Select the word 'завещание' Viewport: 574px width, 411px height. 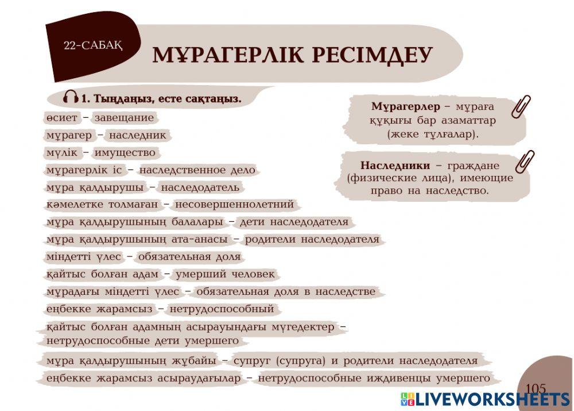coord(124,118)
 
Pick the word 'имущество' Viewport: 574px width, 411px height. coord(125,153)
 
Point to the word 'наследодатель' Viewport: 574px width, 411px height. coord(200,187)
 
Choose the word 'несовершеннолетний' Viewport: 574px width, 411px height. coord(234,205)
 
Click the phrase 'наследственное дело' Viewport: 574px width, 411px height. coord(197,170)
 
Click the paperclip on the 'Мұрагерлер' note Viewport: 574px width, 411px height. coord(521,107)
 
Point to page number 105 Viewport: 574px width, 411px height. coord(535,389)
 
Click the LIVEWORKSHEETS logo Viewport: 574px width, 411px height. coord(484,400)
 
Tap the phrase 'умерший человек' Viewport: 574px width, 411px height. coord(224,274)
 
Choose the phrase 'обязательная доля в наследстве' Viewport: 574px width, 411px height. coord(285,292)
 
